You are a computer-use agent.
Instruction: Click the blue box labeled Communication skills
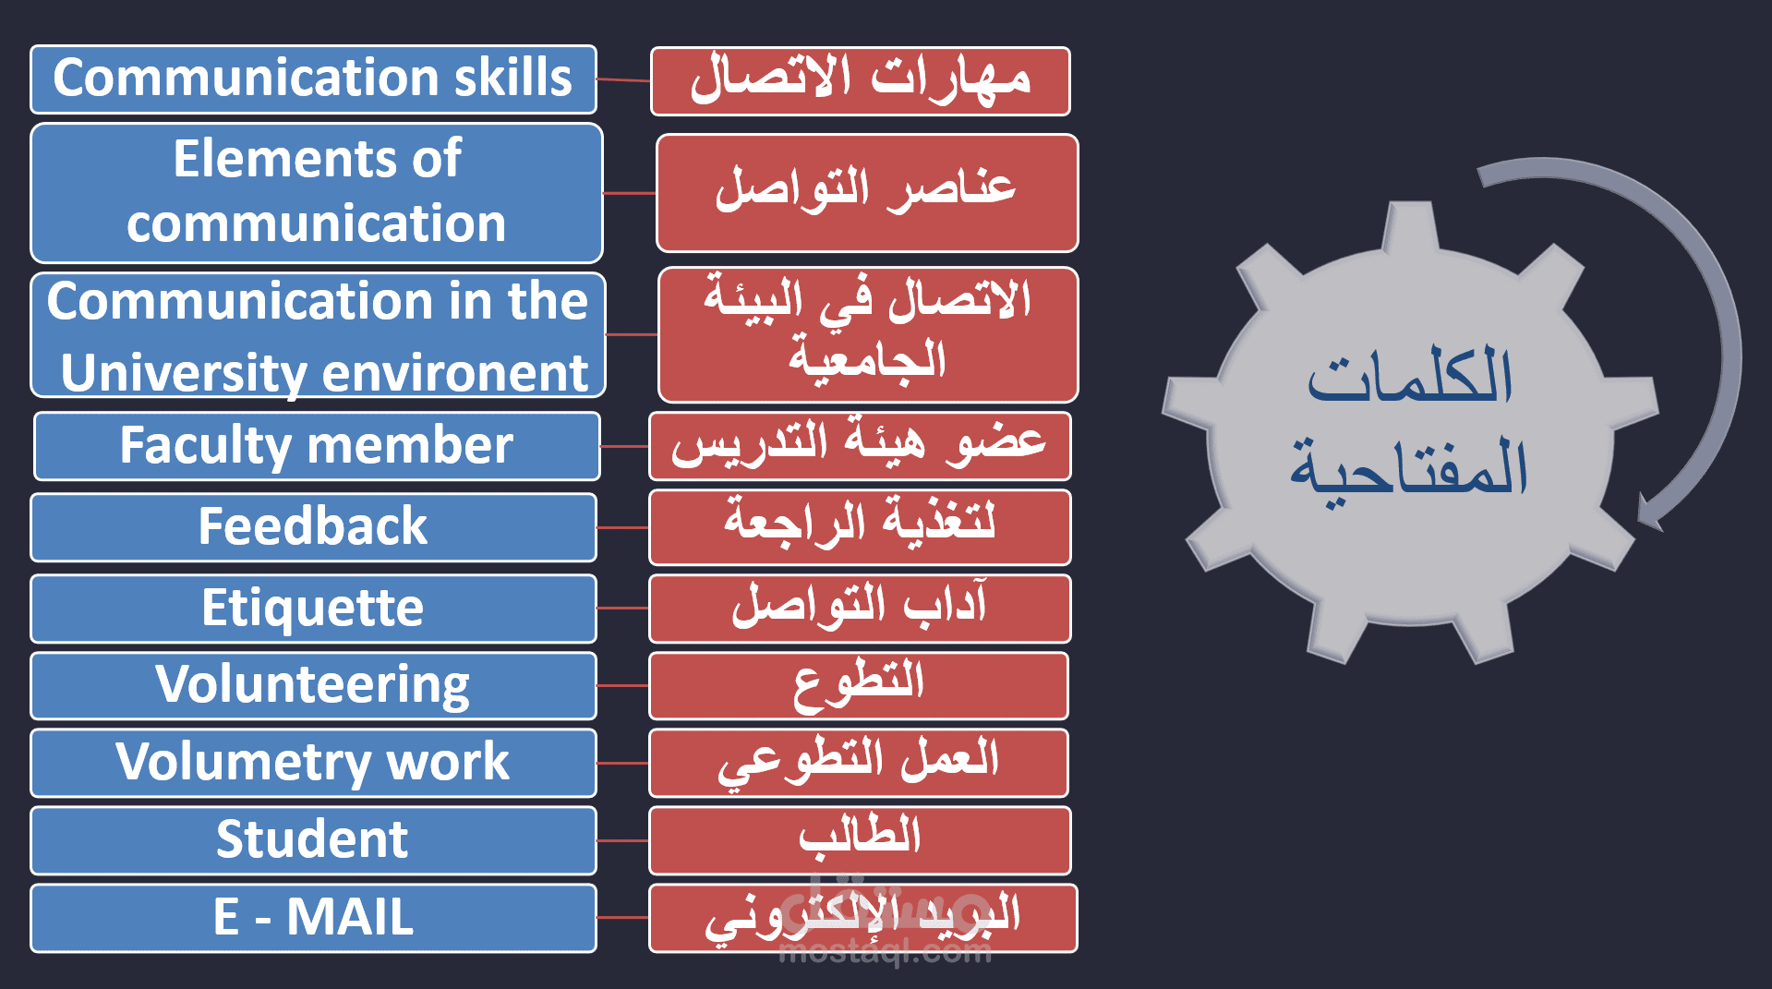[x=313, y=79]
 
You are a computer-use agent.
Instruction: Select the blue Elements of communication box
[x=317, y=193]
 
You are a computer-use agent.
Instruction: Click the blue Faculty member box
[x=317, y=446]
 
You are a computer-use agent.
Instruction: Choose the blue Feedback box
[x=313, y=527]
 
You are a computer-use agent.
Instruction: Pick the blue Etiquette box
[x=313, y=609]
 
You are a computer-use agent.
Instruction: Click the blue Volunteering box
[x=313, y=686]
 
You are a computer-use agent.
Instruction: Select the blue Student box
[x=313, y=840]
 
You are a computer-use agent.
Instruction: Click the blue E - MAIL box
[x=313, y=918]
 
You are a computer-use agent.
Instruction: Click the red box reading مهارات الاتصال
[x=861, y=81]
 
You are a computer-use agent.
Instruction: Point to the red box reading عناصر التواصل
[x=867, y=193]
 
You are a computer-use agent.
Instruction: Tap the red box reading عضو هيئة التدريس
[x=860, y=446]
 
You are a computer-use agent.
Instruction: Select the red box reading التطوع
[x=859, y=686]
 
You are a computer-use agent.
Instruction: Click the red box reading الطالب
[x=860, y=840]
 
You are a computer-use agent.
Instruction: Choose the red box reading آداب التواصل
[x=860, y=609]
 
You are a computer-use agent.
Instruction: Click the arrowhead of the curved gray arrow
[x=1649, y=513]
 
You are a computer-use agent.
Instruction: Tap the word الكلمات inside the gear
[x=1410, y=378]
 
